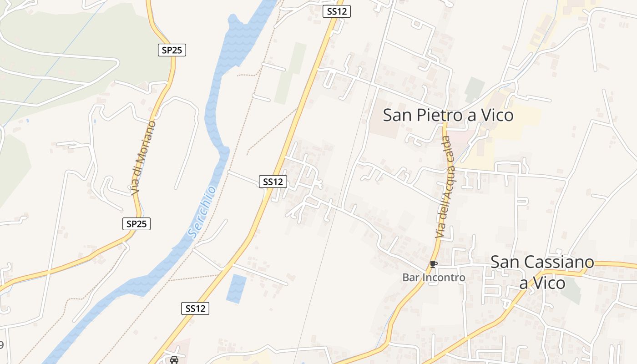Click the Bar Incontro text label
pyautogui.click(x=434, y=278)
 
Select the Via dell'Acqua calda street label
pyautogui.click(x=445, y=187)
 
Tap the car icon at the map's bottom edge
pyautogui.click(x=174, y=360)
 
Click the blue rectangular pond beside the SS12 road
pyautogui.click(x=236, y=288)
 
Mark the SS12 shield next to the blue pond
pyautogui.click(x=196, y=308)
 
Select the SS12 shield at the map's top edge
pyautogui.click(x=337, y=11)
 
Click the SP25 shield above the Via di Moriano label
pyautogui.click(x=172, y=50)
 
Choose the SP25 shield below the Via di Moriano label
pyautogui.click(x=136, y=224)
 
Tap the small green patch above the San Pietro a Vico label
pyautogui.click(x=475, y=89)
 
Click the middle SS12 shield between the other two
pyautogui.click(x=273, y=182)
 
